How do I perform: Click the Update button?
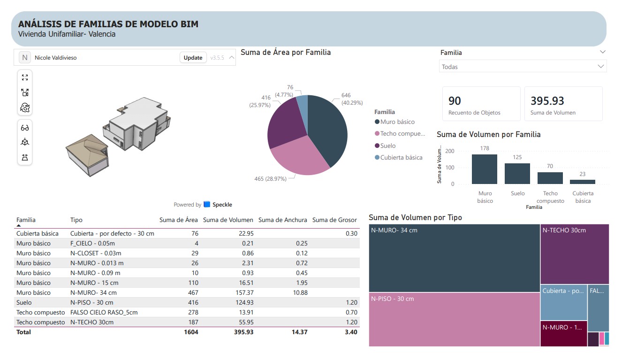pos(193,58)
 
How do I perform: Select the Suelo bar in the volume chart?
pos(517,174)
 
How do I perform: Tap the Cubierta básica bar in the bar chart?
pos(582,182)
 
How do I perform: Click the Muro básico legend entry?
pos(394,122)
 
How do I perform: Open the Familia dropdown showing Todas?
pos(523,67)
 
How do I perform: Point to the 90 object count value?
pos(455,100)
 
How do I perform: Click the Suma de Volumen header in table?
pos(228,220)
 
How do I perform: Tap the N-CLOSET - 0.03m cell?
pos(96,253)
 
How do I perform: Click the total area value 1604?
pos(191,332)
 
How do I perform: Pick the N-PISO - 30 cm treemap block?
pos(454,320)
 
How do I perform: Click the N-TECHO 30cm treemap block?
pos(575,254)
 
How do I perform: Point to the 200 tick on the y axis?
pos(449,151)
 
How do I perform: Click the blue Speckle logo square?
pos(206,204)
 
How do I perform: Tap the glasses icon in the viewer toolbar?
pos(25,128)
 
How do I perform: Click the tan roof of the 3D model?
pos(87,149)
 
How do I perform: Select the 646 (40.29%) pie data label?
pos(352,99)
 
